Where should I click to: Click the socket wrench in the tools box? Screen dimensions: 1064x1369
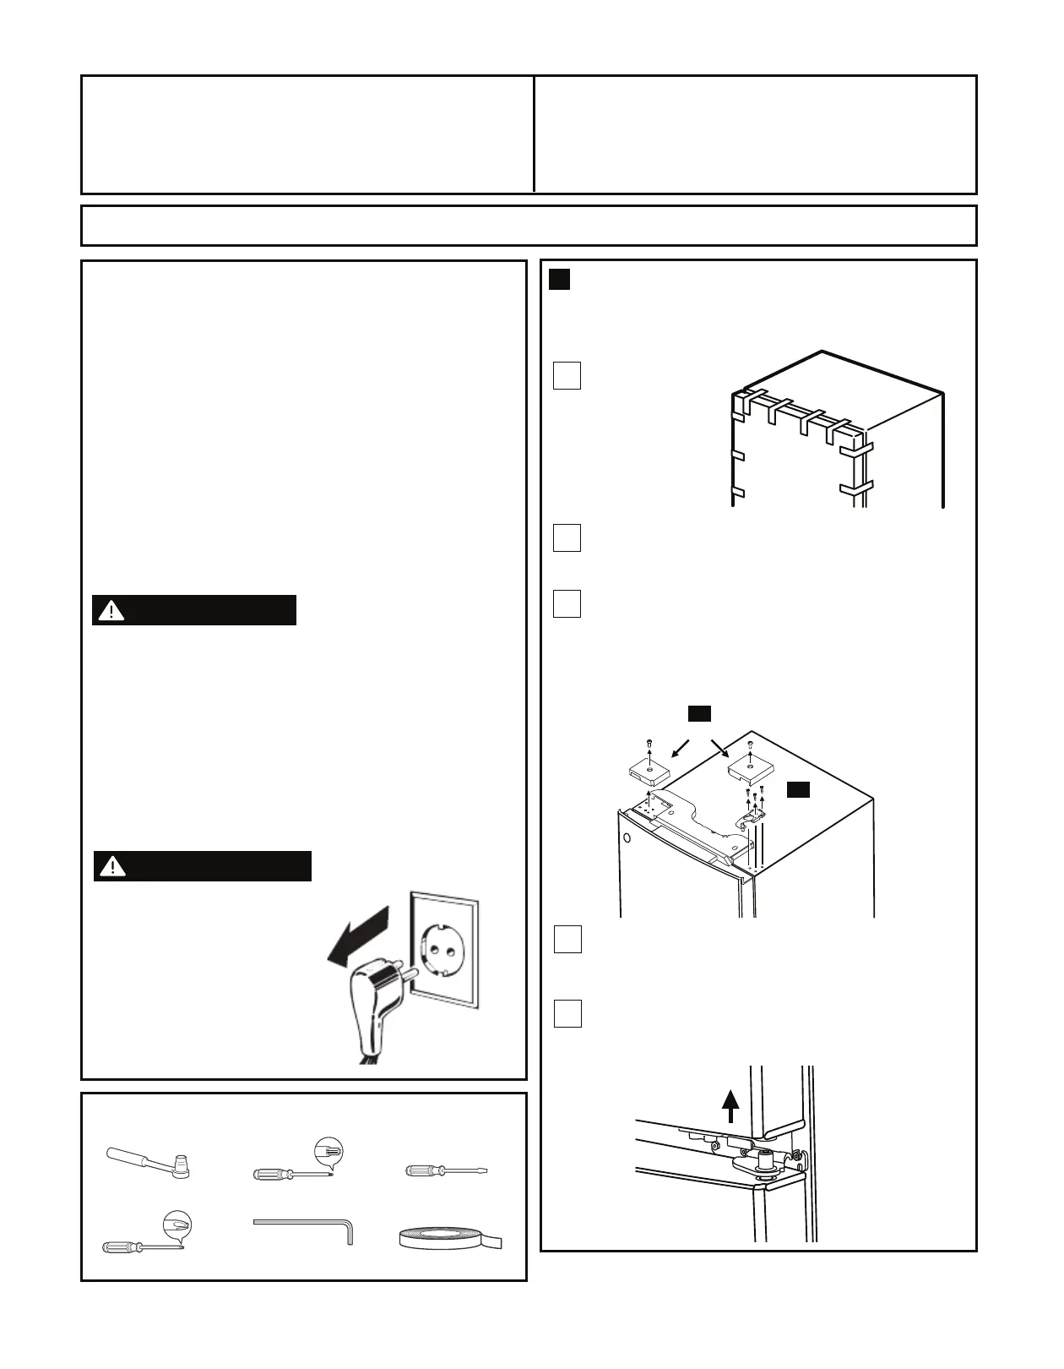pyautogui.click(x=149, y=1162)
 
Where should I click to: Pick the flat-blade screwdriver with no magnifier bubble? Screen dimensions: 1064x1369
pyautogui.click(x=448, y=1171)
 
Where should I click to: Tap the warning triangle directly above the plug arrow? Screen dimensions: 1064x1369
pyautogui.click(x=112, y=866)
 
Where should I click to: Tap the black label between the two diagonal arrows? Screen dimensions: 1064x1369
pyautogui.click(x=699, y=713)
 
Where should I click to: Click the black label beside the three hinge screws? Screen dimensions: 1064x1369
pyautogui.click(x=798, y=789)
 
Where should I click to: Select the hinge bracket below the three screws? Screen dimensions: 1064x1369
pyautogui.click(x=752, y=815)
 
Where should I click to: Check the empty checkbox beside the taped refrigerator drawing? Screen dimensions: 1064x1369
pyautogui.click(x=567, y=375)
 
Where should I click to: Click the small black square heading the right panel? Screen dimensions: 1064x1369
pyautogui.click(x=560, y=280)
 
